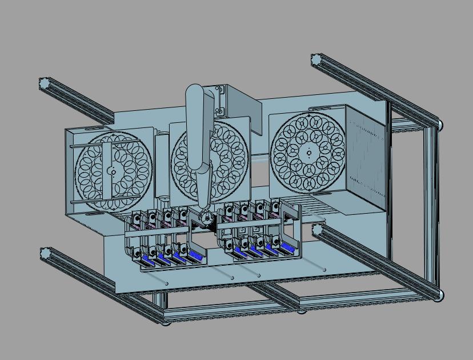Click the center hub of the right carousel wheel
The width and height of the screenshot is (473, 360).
pyautogui.click(x=308, y=152)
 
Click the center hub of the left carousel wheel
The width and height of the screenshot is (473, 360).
pyautogui.click(x=113, y=171)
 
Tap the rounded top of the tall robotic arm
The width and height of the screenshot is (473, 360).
pyautogui.click(x=194, y=93)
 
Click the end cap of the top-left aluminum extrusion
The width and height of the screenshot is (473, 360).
pyautogui.click(x=45, y=83)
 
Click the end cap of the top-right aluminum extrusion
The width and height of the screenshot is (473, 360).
pyautogui.click(x=316, y=59)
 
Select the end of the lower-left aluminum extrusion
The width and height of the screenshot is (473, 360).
pyautogui.click(x=45, y=254)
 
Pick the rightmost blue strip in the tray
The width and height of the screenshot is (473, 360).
pyautogui.click(x=287, y=247)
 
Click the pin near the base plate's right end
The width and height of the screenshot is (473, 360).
pyautogui.click(x=325, y=269)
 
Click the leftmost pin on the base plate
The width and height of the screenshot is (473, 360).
pyautogui.click(x=167, y=282)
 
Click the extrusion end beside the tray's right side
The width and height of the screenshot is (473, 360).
pyautogui.click(x=317, y=230)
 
